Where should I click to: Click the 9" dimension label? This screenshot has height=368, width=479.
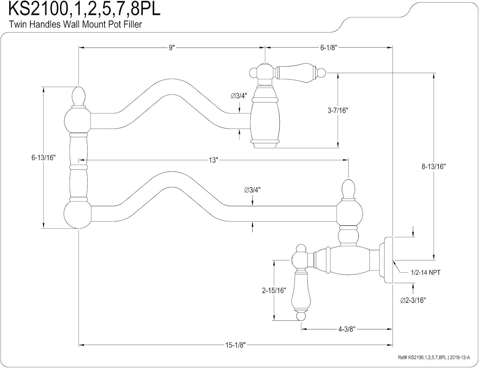[172, 48]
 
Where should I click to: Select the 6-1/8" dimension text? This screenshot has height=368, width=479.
[329, 48]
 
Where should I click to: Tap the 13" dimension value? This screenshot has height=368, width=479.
[213, 160]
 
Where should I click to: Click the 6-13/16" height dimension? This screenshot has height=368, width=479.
[43, 158]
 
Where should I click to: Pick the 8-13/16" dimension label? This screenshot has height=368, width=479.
[434, 167]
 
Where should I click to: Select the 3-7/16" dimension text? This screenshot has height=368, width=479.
[338, 110]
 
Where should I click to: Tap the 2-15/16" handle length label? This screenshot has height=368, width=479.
[274, 290]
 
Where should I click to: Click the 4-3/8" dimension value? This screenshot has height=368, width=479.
[347, 329]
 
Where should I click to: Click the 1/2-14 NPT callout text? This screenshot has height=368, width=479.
[426, 273]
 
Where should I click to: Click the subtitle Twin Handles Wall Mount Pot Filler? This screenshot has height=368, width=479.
[75, 24]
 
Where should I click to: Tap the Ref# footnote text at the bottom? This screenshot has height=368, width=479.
[434, 357]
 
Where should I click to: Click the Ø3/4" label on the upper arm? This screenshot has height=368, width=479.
[239, 96]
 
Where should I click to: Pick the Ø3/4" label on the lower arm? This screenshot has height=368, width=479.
[252, 190]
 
